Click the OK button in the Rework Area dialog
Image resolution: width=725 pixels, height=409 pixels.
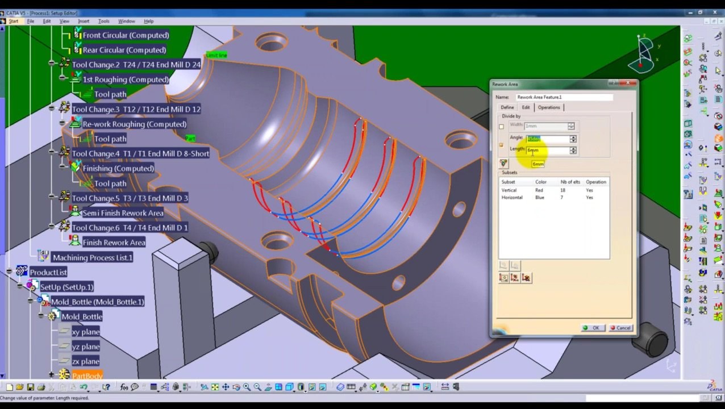tap(591, 328)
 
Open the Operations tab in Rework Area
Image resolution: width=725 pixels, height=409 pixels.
tap(548, 107)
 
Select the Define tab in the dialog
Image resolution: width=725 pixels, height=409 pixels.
tap(507, 107)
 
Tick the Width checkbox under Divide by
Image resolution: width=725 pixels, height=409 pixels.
tap(501, 126)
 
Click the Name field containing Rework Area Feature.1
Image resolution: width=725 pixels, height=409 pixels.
tap(564, 97)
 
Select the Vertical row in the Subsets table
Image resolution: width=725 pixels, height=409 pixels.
tap(509, 190)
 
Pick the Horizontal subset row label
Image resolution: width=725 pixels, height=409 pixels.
tap(512, 198)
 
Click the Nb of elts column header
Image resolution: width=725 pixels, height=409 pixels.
tap(570, 182)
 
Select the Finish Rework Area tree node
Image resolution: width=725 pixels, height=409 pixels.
tap(114, 243)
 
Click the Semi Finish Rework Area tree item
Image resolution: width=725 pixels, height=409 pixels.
tap(123, 213)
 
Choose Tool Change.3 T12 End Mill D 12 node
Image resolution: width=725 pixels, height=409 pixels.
tap(136, 109)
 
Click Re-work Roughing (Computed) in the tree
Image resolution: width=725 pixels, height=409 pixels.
tap(134, 124)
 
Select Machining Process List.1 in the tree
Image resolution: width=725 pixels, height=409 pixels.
tap(92, 257)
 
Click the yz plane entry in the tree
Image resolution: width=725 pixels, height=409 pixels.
tap(86, 347)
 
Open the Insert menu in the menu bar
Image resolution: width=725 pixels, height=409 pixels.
tap(84, 21)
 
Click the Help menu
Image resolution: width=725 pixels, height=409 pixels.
tap(148, 21)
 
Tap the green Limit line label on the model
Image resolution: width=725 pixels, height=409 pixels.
tap(216, 55)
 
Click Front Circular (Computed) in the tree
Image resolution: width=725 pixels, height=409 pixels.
tap(126, 35)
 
